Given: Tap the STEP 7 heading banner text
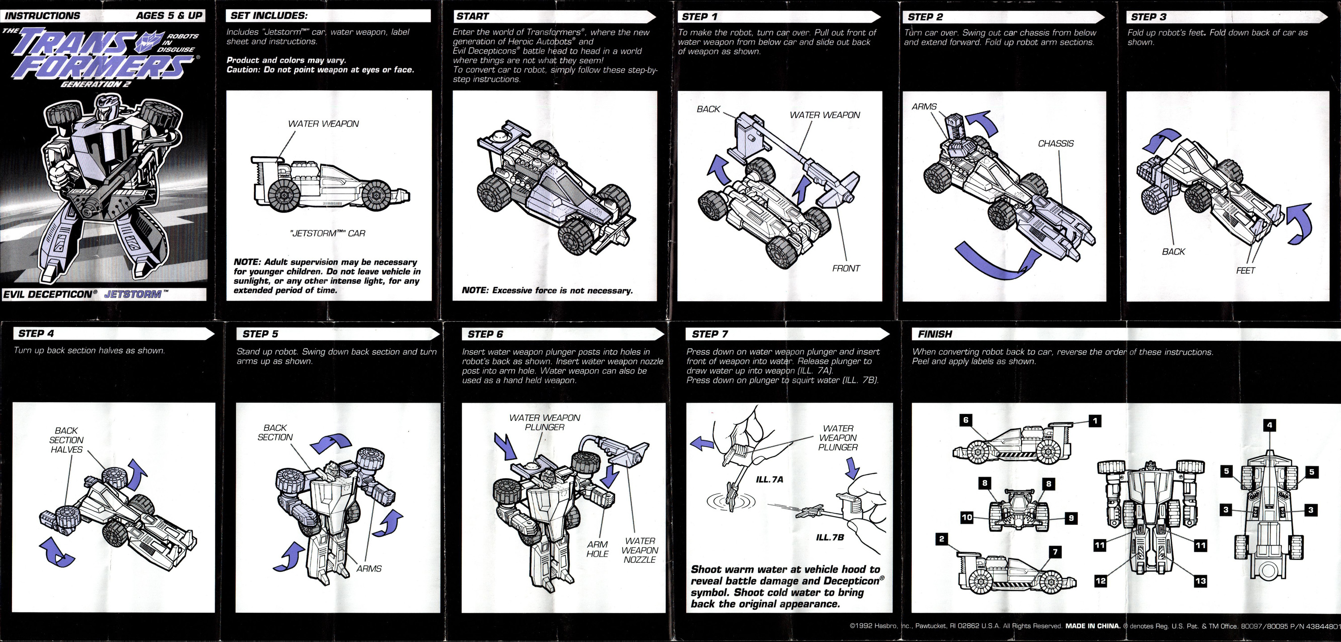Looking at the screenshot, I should [710, 334].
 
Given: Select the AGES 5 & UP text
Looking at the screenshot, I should [169, 16].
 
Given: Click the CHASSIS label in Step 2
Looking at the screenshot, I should [1055, 143].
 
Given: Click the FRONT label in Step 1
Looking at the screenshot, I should [845, 268].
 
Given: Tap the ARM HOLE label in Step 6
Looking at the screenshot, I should [597, 549].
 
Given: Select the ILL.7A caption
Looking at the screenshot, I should [769, 480].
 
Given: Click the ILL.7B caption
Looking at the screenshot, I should [829, 537].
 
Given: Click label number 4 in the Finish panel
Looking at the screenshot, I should [1269, 425].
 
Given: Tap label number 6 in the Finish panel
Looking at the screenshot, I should [966, 420].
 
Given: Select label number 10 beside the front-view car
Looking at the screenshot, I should [967, 518].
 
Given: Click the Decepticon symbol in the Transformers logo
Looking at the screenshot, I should [149, 42].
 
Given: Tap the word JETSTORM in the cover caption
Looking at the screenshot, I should [133, 294].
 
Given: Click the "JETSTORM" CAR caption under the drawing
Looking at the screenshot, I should [328, 234].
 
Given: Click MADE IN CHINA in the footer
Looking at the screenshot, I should [1092, 626].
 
